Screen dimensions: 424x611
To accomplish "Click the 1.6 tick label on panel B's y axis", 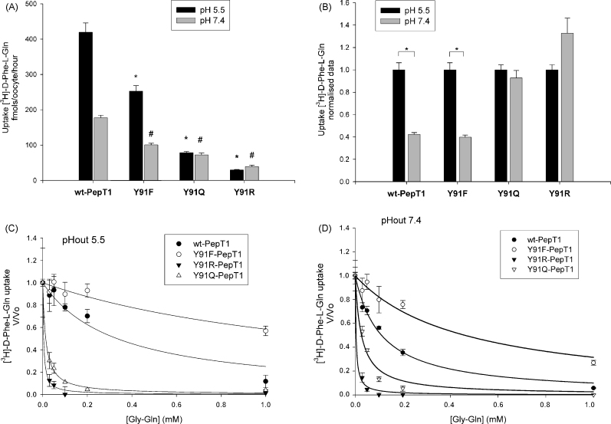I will [353, 5].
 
